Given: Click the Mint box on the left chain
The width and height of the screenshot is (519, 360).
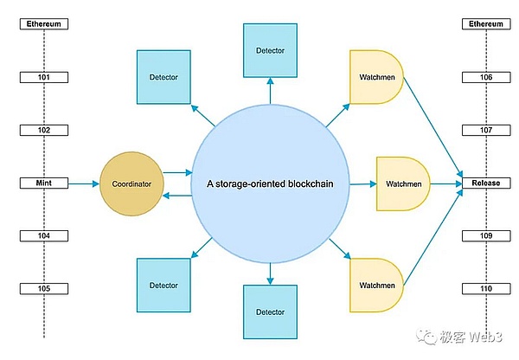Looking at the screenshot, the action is click(44, 183).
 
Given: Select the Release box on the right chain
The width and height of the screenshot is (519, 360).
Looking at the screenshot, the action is click(486, 183).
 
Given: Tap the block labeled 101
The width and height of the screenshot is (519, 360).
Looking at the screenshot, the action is click(44, 77).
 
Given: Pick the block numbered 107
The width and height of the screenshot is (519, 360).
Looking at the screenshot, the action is click(486, 130).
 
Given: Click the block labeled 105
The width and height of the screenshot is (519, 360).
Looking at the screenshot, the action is click(44, 289).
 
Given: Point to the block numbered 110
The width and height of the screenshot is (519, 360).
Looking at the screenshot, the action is click(486, 289).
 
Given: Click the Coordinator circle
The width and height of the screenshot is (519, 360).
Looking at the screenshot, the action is click(131, 183).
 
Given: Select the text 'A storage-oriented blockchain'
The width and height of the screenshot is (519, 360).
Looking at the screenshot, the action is click(270, 183).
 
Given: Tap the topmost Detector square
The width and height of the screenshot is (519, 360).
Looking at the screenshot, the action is click(270, 50).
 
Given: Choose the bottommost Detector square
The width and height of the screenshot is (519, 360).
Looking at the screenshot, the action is click(270, 312).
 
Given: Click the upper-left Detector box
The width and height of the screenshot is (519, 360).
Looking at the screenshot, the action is click(163, 77).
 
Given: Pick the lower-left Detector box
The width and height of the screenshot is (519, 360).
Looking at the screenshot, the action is click(163, 286).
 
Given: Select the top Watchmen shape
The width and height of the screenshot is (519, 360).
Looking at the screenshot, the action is click(376, 77).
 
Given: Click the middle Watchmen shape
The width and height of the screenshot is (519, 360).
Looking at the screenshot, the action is click(403, 183).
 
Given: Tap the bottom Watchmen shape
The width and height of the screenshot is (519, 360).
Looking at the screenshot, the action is click(376, 286).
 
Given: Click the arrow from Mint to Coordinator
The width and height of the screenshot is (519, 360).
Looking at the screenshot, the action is click(84, 183).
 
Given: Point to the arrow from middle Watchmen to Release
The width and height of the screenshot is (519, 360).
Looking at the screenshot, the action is click(446, 183).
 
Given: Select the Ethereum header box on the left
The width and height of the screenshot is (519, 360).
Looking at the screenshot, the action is click(44, 24).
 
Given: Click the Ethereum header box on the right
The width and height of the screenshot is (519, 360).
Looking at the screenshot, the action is click(486, 24).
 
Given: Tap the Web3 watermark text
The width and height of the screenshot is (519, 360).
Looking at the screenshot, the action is click(486, 337).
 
